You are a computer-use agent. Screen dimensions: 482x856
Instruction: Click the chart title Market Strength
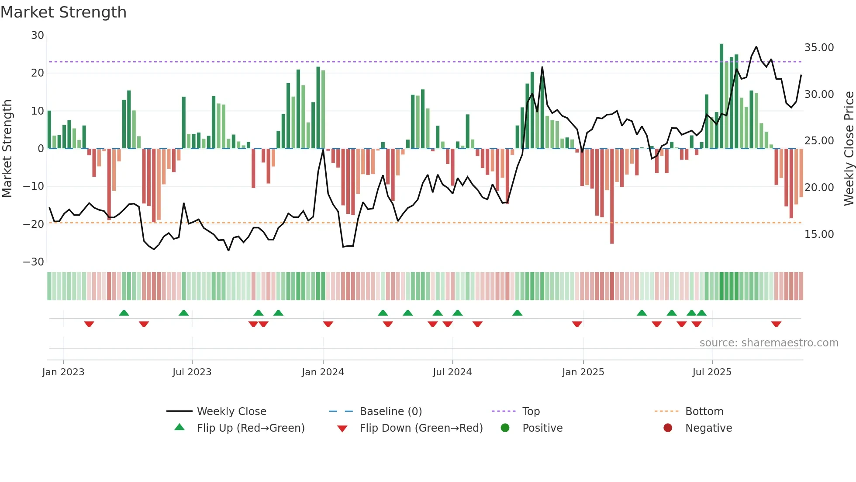[63, 12]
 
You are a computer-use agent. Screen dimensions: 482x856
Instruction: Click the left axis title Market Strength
[7, 148]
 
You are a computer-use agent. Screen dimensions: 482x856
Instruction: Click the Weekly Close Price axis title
[849, 148]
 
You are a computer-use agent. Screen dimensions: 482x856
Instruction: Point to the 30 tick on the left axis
[38, 35]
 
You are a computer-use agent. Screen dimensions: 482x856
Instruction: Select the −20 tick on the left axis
[34, 224]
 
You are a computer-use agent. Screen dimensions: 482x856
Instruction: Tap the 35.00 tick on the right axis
[819, 48]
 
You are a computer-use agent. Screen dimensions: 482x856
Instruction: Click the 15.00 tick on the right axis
[819, 234]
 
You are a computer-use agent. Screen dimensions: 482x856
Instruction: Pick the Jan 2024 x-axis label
[323, 372]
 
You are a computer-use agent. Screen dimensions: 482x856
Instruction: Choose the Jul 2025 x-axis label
[712, 372]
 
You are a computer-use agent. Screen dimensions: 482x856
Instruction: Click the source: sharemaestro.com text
[769, 343]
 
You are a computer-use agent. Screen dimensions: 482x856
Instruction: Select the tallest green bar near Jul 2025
[721, 96]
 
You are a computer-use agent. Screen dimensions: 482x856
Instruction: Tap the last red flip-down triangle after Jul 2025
[776, 324]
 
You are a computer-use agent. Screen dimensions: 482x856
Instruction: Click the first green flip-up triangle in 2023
[124, 313]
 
